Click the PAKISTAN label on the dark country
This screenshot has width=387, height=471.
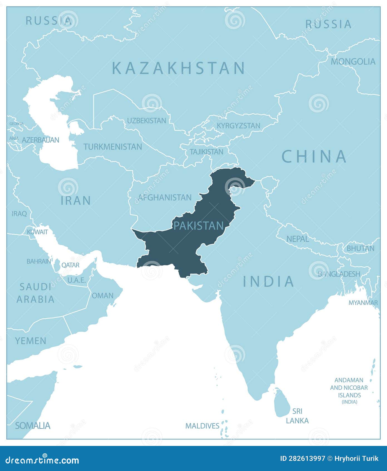[x=198, y=225]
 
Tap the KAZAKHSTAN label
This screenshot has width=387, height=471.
[x=178, y=68]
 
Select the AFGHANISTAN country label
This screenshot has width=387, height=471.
[x=165, y=198]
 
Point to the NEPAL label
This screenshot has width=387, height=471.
[x=298, y=239]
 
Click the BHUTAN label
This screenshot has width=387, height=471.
[x=360, y=248]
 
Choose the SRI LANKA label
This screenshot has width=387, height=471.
[x=297, y=416]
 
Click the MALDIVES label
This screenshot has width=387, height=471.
[x=202, y=426]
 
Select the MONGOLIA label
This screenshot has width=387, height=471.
[x=353, y=62]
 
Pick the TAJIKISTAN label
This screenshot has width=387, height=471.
[x=206, y=152]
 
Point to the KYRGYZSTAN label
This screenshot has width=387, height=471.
[x=238, y=126]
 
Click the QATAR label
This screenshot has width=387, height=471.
[x=70, y=265]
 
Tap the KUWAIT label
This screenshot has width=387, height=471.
[x=37, y=232]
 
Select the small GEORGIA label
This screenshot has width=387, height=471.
[x=16, y=124]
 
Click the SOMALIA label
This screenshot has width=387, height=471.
[x=33, y=426]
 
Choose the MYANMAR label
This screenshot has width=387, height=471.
[x=363, y=303]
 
